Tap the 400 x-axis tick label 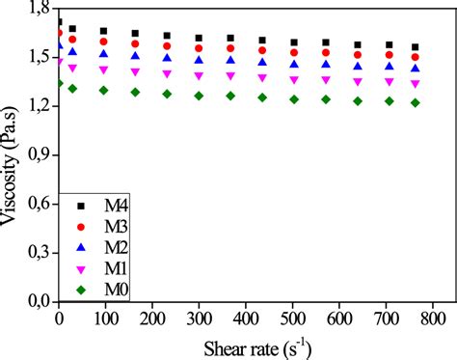(x=245, y=318)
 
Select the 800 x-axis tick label (x=431, y=318)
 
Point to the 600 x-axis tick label (x=337, y=318)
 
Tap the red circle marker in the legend (x=80, y=227)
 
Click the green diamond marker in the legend (x=80, y=288)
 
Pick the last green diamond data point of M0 (x=416, y=103)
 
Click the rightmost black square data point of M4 (x=416, y=47)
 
